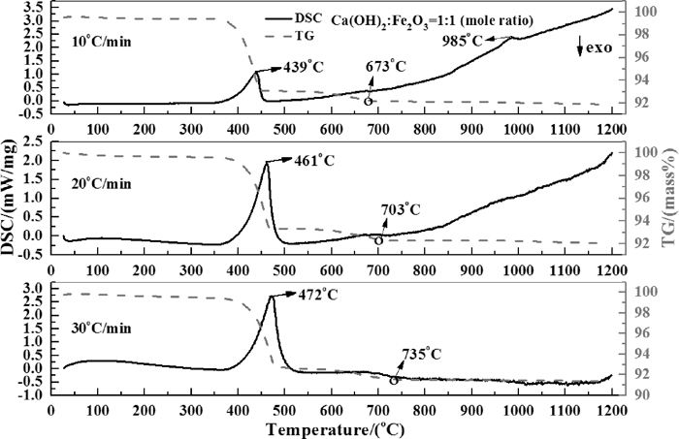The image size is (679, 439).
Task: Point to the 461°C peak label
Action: click(314, 162)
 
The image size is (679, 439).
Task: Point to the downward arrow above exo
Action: click(577, 44)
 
